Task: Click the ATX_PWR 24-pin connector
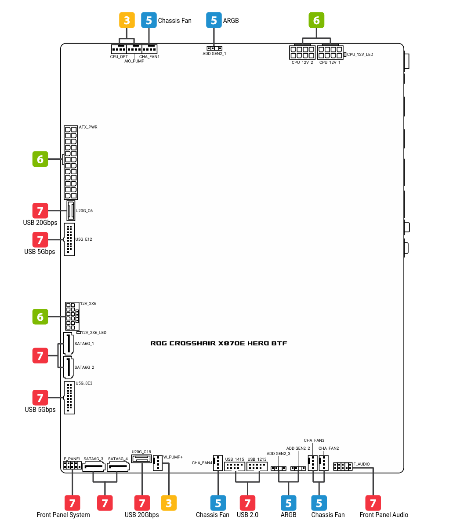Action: click(71, 163)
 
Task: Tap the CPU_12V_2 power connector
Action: click(302, 52)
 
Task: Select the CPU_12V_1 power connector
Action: click(330, 52)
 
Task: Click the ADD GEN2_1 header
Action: click(214, 48)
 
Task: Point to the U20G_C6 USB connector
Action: click(71, 210)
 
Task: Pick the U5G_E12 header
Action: click(69, 239)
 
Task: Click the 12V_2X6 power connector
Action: click(72, 316)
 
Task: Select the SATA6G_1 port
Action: click(69, 344)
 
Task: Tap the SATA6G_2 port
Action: click(69, 367)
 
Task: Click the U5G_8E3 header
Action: click(69, 398)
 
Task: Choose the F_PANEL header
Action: click(72, 466)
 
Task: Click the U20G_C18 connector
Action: click(141, 459)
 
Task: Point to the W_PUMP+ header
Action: click(158, 463)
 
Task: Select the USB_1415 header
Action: click(235, 466)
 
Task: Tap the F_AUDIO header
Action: click(343, 466)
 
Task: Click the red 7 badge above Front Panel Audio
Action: click(373, 503)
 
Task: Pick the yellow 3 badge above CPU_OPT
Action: click(127, 20)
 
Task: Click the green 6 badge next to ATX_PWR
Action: click(40, 159)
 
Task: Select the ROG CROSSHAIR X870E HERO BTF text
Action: click(219, 343)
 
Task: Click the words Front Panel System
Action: click(63, 515)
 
